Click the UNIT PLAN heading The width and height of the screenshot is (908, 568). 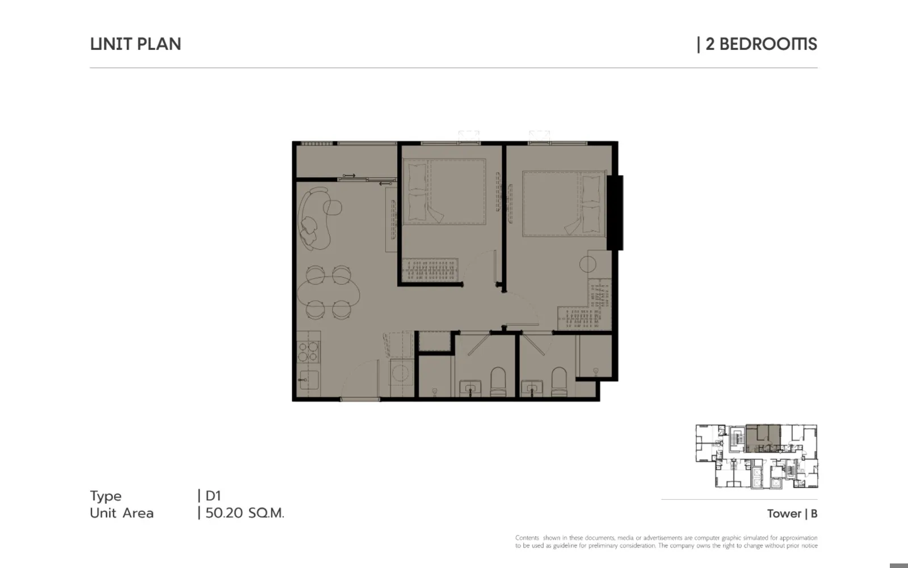pyautogui.click(x=136, y=44)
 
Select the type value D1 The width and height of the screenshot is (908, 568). pyautogui.click(x=213, y=495)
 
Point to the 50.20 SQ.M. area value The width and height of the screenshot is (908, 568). pyautogui.click(x=245, y=513)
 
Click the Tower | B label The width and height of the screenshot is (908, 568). pyautogui.click(x=792, y=513)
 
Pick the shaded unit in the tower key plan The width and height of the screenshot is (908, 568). pyautogui.click(x=763, y=438)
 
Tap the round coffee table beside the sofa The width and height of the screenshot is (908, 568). pyautogui.click(x=333, y=208)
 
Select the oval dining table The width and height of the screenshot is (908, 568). pyautogui.click(x=329, y=292)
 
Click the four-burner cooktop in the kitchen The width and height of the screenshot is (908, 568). pyautogui.click(x=308, y=352)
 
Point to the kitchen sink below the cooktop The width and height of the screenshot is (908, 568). pyautogui.click(x=309, y=380)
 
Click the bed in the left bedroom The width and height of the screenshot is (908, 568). pyautogui.click(x=444, y=191)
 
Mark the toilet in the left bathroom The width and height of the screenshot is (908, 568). pyautogui.click(x=498, y=382)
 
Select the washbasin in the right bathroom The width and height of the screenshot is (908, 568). pyautogui.click(x=532, y=387)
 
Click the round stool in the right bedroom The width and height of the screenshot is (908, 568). pyautogui.click(x=588, y=265)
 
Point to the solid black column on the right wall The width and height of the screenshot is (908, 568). pyautogui.click(x=615, y=212)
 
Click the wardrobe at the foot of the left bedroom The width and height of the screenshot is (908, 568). pyautogui.click(x=430, y=269)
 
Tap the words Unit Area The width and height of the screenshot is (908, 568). pyautogui.click(x=121, y=513)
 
